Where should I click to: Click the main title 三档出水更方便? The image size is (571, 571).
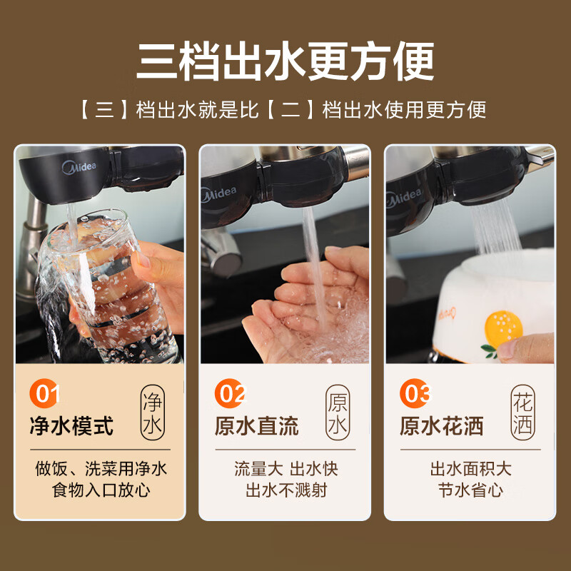point(285,62)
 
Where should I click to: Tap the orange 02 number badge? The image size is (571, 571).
point(230,394)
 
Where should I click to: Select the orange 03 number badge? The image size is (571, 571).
point(415,394)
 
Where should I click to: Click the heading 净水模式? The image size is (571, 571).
point(71,426)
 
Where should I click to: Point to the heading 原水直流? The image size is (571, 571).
point(256,426)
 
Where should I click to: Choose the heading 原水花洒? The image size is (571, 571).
point(442,426)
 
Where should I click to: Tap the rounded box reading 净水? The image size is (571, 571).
point(153,413)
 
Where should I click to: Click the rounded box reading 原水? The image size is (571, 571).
point(338,413)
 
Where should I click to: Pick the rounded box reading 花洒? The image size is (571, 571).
point(522,413)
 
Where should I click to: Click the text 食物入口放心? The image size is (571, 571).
point(101,491)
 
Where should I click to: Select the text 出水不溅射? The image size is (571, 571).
point(285,491)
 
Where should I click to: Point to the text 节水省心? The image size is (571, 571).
point(470,491)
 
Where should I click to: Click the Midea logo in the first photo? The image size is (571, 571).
point(84,168)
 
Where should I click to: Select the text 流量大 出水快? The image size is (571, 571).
point(285,469)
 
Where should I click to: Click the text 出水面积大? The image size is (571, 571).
point(470,469)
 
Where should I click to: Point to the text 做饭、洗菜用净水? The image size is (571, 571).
point(101,469)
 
